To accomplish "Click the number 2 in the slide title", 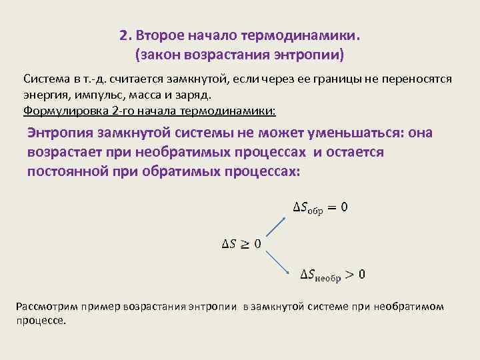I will (123, 34).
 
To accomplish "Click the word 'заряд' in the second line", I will (193, 95).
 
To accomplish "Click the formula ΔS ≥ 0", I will (241, 244).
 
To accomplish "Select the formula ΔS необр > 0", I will (333, 273).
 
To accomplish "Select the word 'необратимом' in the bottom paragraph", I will (412, 306).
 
